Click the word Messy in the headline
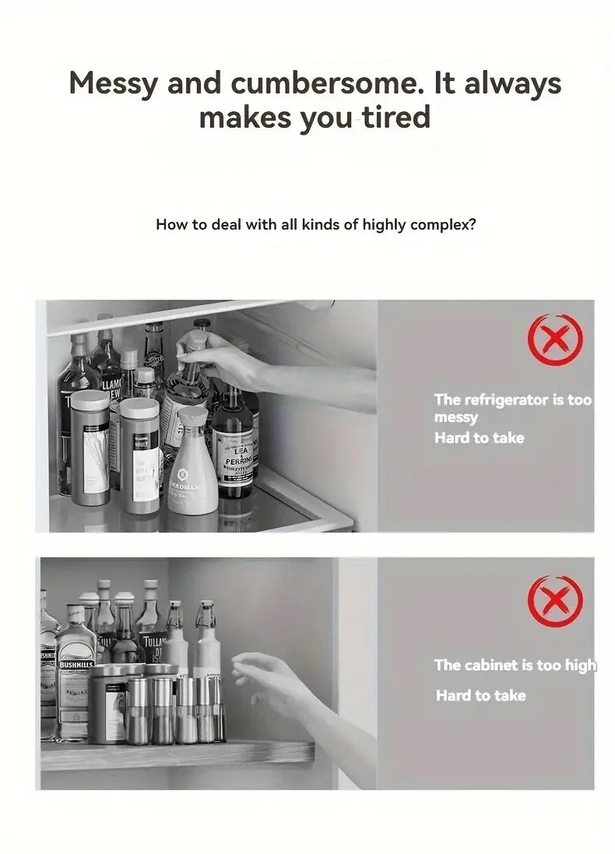(114, 83)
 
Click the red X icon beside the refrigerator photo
(554, 340)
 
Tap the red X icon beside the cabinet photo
(554, 602)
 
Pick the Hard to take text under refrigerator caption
(479, 438)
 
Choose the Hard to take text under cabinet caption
(480, 695)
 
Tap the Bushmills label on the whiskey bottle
(75, 666)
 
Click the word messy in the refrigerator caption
(455, 418)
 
